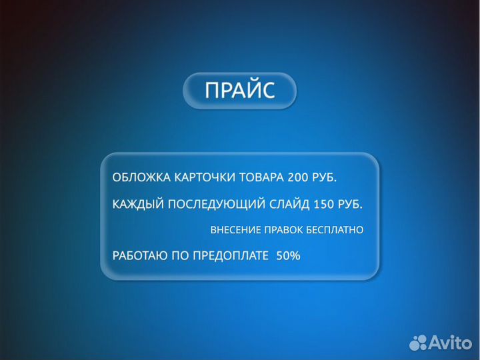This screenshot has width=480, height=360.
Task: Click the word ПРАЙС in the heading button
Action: click(239, 91)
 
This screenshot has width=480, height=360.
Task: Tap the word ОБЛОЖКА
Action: click(141, 178)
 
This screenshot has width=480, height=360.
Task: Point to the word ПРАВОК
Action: click(283, 230)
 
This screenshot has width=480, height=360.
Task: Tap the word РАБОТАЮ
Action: click(139, 256)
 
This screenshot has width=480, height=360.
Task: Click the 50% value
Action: click(288, 256)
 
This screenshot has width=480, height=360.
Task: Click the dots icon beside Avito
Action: click(419, 343)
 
